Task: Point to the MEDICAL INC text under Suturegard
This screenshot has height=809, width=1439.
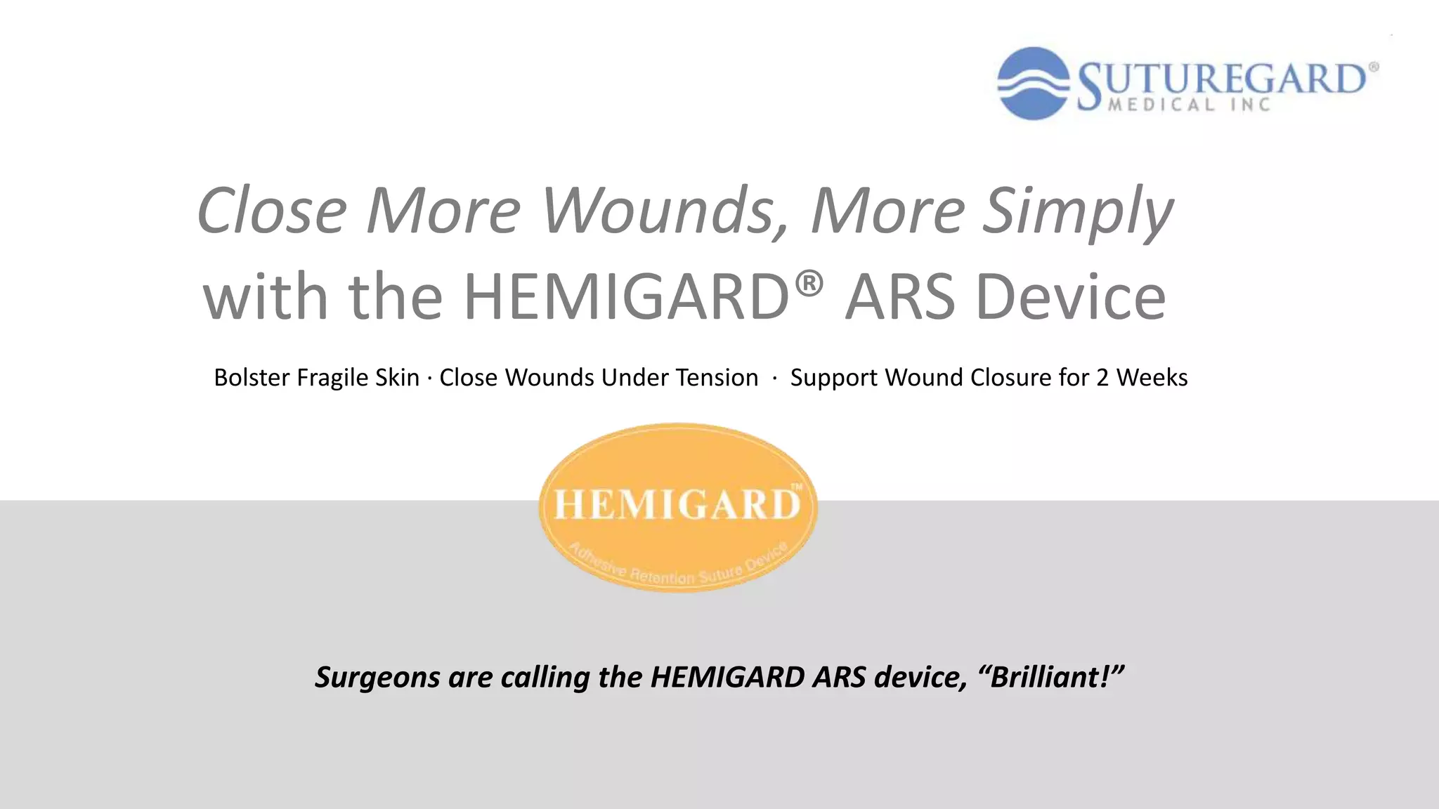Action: [1190, 105]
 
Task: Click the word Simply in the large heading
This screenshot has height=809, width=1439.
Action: [1076, 211]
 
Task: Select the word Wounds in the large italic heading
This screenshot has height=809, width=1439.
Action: [664, 211]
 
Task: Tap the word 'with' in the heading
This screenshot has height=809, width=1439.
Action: [266, 297]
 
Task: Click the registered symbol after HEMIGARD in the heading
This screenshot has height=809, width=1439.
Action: [809, 283]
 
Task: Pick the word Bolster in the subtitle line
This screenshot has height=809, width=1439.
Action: [252, 378]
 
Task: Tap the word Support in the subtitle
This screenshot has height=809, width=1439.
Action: [834, 378]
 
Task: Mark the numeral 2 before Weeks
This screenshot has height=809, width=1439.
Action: [1102, 378]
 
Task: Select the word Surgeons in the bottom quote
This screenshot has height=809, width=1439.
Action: [377, 678]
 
